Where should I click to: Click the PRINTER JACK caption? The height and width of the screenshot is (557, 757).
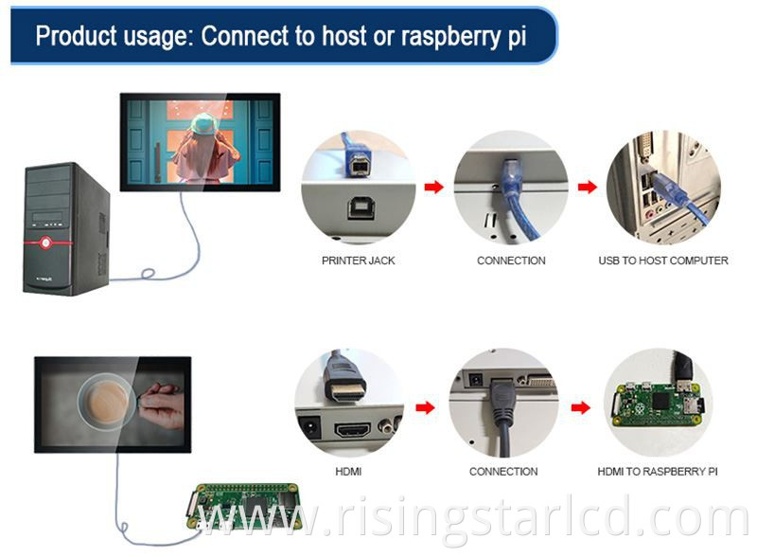coord(358,261)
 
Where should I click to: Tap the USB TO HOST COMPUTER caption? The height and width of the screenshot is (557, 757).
coord(662,261)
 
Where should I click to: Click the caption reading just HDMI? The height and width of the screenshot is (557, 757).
coord(348,471)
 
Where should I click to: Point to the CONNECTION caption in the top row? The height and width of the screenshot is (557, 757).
coord(511,261)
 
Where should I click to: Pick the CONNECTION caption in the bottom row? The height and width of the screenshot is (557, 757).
coord(503,471)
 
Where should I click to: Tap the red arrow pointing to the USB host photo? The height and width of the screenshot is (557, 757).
coord(587,187)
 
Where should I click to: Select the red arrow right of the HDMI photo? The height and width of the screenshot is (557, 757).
coord(426,408)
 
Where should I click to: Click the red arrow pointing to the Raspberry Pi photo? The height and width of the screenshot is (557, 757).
coord(579,408)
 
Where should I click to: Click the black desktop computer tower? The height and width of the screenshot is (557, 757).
coord(66,227)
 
